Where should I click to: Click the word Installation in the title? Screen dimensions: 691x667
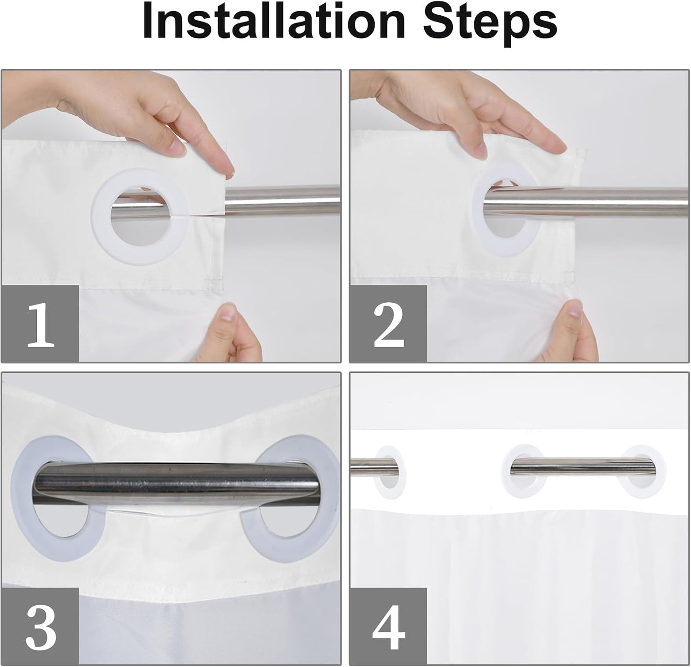pyautogui.click(x=274, y=22)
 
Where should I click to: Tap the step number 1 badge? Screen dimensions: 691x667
pyautogui.click(x=40, y=323)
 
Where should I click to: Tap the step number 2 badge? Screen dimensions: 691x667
pyautogui.click(x=388, y=323)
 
